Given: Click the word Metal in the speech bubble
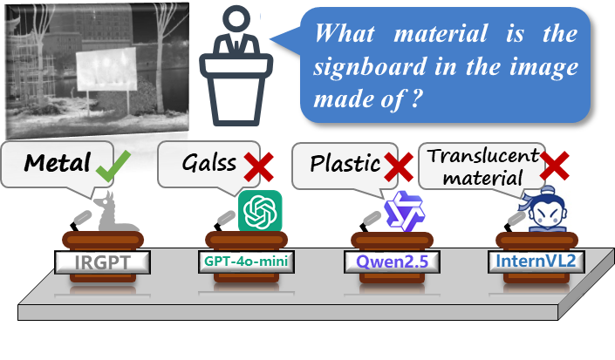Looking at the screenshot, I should (x=58, y=163).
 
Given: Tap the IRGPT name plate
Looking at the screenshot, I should (x=100, y=261).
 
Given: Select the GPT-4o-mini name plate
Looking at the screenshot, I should (x=244, y=261).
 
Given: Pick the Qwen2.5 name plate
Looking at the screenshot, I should (x=389, y=261).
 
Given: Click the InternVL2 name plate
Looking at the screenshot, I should (x=535, y=261).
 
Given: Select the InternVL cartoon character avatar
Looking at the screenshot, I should (x=548, y=209).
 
